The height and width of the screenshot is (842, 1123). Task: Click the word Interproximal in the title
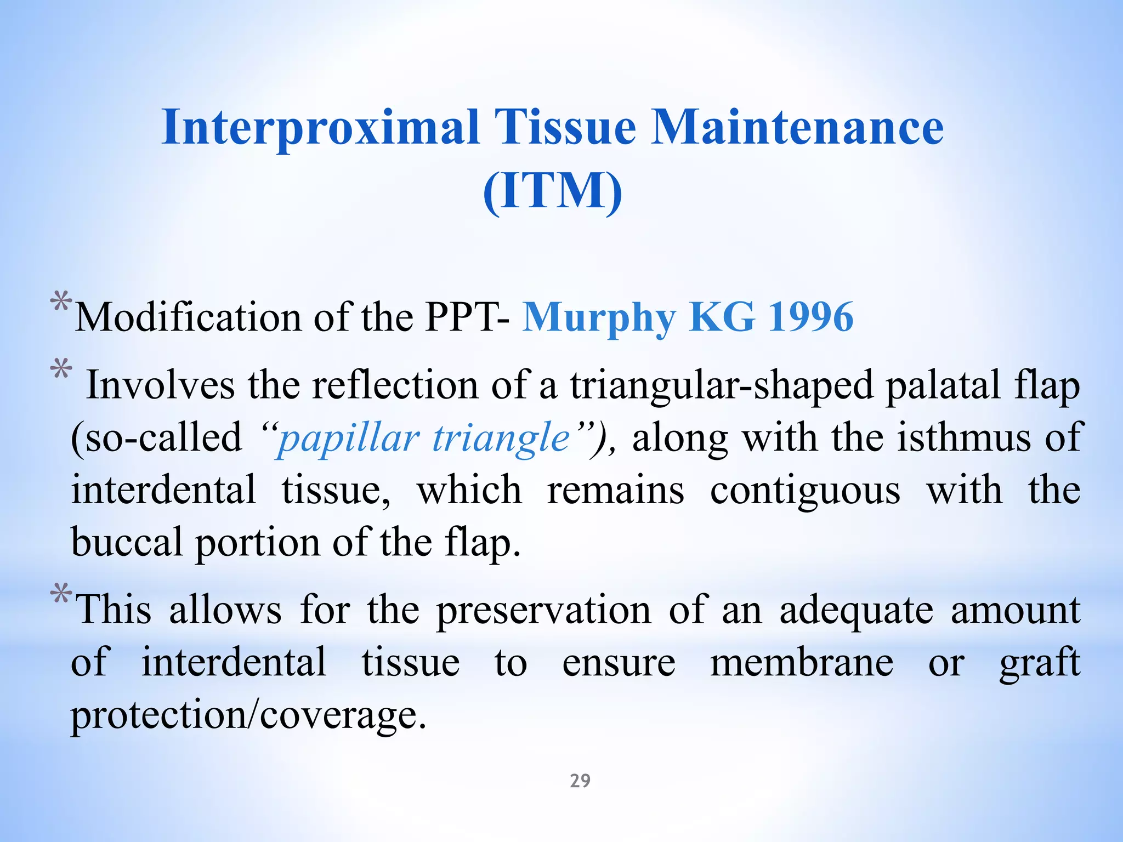tap(321, 128)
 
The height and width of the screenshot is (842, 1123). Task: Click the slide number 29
tap(580, 781)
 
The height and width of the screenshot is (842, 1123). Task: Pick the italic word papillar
tap(348, 439)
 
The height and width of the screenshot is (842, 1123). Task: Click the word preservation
tap(543, 610)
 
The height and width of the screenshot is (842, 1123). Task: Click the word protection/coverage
tap(248, 715)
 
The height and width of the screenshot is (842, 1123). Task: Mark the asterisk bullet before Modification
tap(60, 303)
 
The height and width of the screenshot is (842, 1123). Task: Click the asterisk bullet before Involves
tap(60, 369)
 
